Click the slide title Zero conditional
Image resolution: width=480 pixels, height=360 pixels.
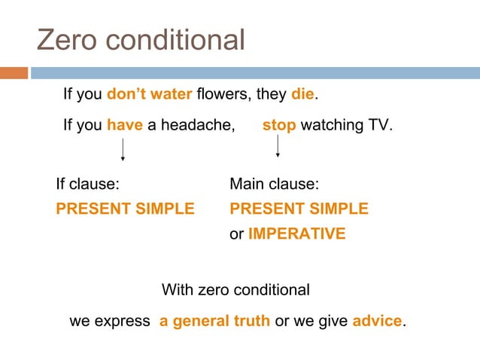(x=141, y=40)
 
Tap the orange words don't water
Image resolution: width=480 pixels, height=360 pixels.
(x=150, y=95)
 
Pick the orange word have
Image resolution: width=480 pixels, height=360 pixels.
(x=125, y=125)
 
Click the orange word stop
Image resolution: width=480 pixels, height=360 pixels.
(x=279, y=125)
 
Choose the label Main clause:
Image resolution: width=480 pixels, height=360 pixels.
(x=275, y=184)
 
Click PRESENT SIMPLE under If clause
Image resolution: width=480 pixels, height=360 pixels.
(x=125, y=209)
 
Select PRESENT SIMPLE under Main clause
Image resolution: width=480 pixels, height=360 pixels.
(x=299, y=209)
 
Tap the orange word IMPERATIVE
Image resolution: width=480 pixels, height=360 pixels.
(x=296, y=233)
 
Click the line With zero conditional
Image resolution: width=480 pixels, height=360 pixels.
(x=235, y=290)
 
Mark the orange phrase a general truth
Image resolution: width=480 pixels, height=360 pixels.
(x=214, y=321)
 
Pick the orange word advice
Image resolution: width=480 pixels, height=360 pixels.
(x=377, y=321)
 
